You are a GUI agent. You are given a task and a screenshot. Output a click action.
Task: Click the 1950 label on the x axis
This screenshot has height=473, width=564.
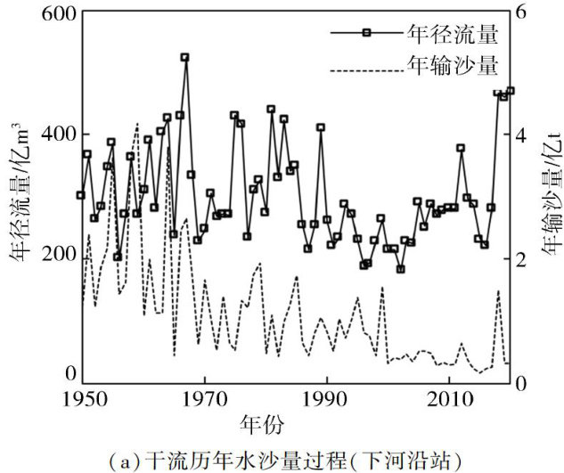pyautogui.click(x=82, y=396)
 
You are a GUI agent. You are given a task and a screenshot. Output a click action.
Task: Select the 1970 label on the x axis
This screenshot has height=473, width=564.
pyautogui.click(x=204, y=396)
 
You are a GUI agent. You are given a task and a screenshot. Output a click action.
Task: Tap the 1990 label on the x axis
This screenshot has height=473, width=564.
pyautogui.click(x=327, y=396)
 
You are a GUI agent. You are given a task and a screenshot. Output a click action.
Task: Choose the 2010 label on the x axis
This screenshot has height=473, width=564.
pyautogui.click(x=450, y=396)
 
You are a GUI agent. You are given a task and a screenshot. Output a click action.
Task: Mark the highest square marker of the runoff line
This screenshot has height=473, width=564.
pyautogui.click(x=184, y=57)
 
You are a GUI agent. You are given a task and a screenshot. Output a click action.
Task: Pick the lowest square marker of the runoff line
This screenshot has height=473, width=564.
pyautogui.click(x=400, y=269)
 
